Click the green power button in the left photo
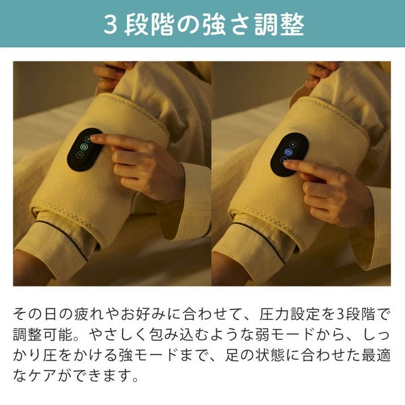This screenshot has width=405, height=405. click(x=84, y=147)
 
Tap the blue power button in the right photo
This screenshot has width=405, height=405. click(x=288, y=152)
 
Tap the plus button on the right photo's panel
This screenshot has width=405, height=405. click(x=293, y=144)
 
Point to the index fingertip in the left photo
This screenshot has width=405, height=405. click(x=92, y=138)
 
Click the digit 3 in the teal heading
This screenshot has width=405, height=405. click(x=111, y=25)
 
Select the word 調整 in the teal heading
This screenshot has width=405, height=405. click(x=279, y=25)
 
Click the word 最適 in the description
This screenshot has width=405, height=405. click(x=376, y=356)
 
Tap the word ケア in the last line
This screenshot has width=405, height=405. click(x=42, y=376)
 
